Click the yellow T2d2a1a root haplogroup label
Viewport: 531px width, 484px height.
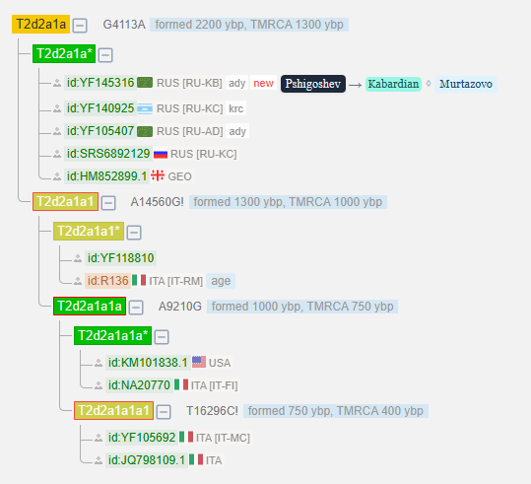[x=40, y=24]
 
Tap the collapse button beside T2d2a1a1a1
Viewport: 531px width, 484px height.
[x=164, y=412]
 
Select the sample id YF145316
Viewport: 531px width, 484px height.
[x=100, y=83]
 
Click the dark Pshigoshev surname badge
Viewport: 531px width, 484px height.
[x=313, y=84]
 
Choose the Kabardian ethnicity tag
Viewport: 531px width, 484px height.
[x=393, y=84]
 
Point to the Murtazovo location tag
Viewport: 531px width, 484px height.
[x=466, y=84]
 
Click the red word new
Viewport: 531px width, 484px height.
[x=263, y=83]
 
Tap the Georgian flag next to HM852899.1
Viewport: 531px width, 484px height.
[x=158, y=175]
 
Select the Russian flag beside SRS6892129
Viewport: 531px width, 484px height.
[x=161, y=154]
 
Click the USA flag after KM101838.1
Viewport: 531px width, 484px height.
[x=199, y=362]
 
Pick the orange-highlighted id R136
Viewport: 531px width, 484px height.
[x=107, y=281]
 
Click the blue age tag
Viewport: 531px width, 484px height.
[x=221, y=281]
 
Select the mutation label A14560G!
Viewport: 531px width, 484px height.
[x=158, y=202]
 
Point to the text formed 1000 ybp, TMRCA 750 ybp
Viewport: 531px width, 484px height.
[x=302, y=307]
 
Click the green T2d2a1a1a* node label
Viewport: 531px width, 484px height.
[x=112, y=335]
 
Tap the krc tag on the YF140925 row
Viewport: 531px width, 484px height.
[x=235, y=108]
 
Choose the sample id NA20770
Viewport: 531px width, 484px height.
[x=139, y=385]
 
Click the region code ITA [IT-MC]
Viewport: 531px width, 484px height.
[x=223, y=438]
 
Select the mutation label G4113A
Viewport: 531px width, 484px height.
[x=124, y=25]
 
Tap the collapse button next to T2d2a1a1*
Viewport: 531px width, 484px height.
[x=134, y=233]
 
